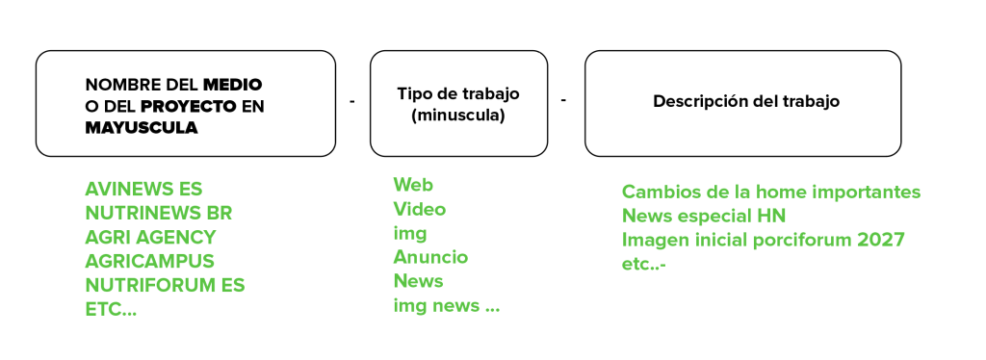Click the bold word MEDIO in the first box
(232, 84)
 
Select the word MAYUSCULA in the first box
(142, 128)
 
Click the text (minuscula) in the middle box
(457, 116)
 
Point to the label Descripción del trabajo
(746, 101)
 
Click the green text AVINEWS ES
(144, 189)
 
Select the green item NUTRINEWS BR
(159, 214)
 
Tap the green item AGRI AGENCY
(150, 238)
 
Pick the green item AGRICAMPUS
(149, 262)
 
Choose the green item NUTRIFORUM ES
(165, 285)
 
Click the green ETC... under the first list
(111, 310)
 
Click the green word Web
(413, 185)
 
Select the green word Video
(420, 209)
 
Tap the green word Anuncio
(430, 257)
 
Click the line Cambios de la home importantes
(771, 193)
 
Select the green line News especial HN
(704, 217)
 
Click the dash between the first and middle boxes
(352, 102)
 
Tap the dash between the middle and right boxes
(563, 100)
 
